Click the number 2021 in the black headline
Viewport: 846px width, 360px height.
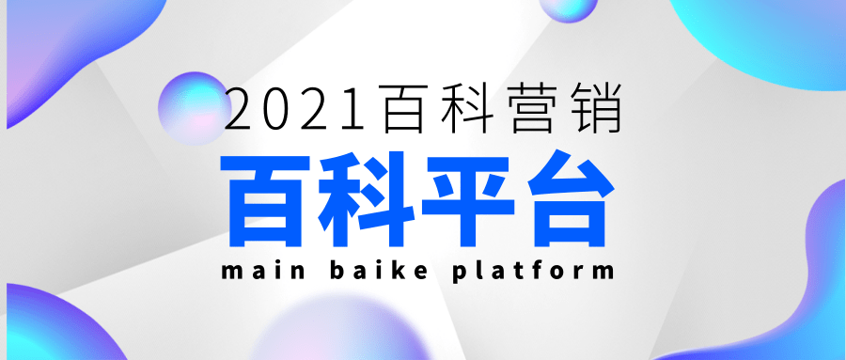pos(298,109)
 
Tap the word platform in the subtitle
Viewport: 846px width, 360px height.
pos(533,274)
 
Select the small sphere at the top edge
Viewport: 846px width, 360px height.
pos(570,8)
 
